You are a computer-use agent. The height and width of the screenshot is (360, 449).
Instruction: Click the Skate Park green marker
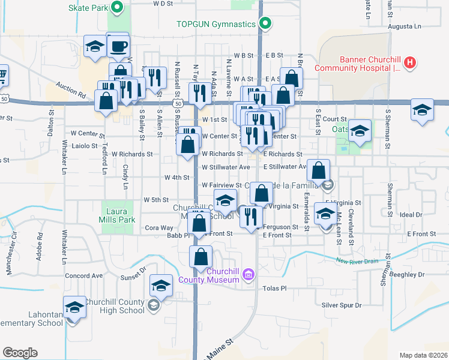point(118,8)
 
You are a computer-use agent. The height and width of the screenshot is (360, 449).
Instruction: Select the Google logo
point(20,353)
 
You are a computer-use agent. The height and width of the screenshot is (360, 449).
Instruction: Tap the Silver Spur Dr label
point(342,305)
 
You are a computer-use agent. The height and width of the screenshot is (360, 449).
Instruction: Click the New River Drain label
point(357,261)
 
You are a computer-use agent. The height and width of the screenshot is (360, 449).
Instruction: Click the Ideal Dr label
point(411,214)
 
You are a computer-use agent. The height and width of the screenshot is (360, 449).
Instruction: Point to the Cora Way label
point(159,228)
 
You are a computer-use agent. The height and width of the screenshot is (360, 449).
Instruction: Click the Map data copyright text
point(423,355)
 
